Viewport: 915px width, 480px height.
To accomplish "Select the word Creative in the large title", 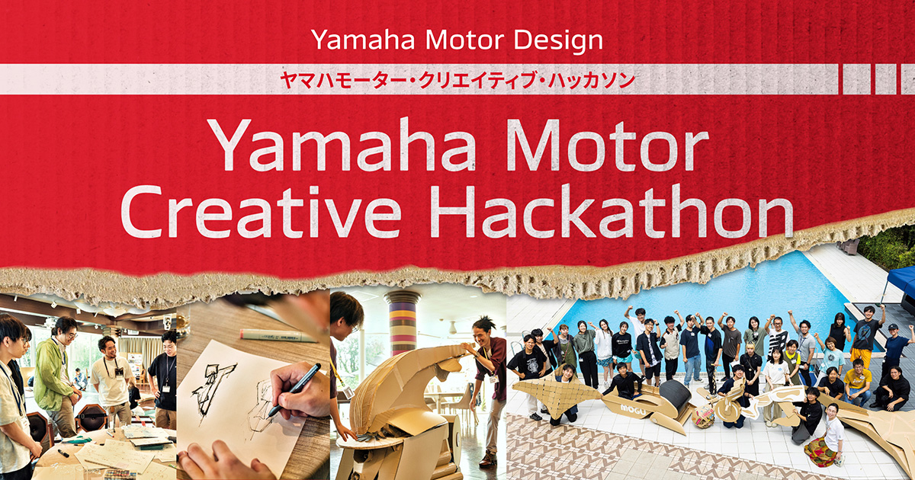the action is pos(261,212).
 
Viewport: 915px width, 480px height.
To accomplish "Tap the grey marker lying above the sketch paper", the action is pos(277,335).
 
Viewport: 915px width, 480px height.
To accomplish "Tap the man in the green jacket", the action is pos(54,376).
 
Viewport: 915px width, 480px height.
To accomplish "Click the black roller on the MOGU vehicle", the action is pos(675,395).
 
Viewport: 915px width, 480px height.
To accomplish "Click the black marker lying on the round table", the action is pos(63,453).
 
